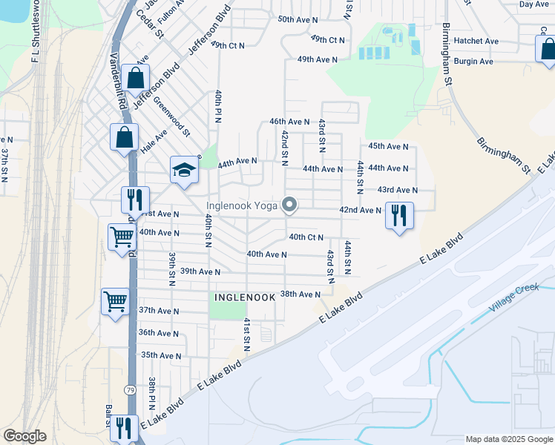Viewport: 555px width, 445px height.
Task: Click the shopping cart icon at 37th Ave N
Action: click(115, 302)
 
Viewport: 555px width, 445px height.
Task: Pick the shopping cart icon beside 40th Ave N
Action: click(122, 238)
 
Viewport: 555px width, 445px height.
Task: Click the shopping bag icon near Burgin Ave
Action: click(548, 50)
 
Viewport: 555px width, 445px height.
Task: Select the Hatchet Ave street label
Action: click(477, 42)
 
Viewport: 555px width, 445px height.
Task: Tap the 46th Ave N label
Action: click(289, 121)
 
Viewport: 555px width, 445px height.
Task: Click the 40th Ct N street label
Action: click(306, 237)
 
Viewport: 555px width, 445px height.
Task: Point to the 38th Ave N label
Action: click(300, 294)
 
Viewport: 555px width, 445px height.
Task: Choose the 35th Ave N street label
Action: click(161, 355)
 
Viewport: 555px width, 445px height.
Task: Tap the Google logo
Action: click(24, 436)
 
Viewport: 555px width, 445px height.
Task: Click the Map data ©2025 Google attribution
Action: click(508, 439)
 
